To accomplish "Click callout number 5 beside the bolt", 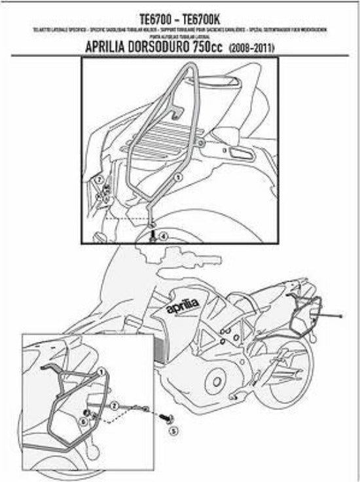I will (x=173, y=432).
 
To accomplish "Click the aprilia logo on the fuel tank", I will (x=182, y=306).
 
